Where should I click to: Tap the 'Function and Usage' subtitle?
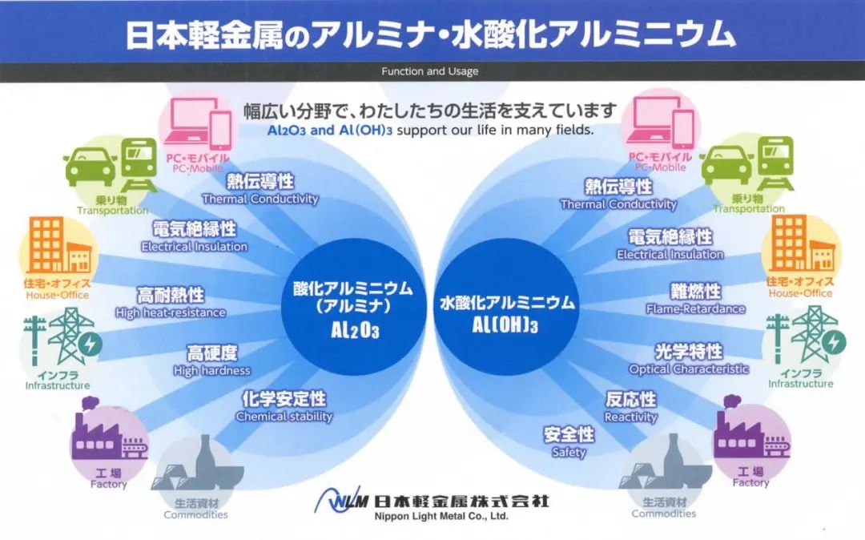tap(429, 71)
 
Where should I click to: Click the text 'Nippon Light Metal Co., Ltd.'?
tap(441, 517)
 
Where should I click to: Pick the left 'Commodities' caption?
tap(195, 515)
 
